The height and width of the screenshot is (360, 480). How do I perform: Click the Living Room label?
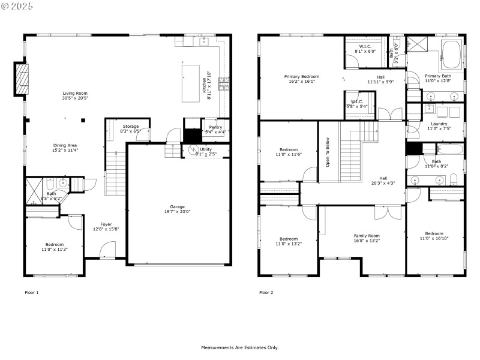point(75,93)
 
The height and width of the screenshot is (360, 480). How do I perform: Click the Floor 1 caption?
point(31,293)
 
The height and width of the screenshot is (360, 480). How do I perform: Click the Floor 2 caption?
point(266,293)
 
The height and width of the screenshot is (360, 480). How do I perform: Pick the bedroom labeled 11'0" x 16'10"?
point(434,236)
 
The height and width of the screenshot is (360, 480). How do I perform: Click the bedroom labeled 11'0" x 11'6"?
point(288,152)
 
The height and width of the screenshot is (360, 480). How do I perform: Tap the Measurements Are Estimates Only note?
point(239,347)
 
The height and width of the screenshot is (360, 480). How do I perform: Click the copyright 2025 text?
point(17,5)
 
